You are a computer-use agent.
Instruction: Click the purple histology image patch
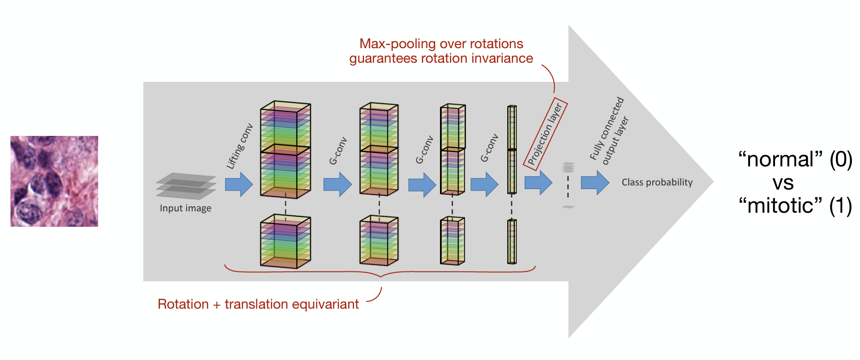tap(54, 181)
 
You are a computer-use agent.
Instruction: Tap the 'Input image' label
tap(185, 208)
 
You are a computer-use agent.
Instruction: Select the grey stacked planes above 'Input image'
tap(185, 186)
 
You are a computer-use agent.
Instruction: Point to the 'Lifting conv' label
tap(240, 146)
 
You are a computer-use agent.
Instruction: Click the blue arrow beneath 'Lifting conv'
tap(239, 184)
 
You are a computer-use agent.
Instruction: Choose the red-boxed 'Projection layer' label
tap(545, 134)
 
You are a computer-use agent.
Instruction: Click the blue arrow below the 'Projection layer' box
tap(538, 183)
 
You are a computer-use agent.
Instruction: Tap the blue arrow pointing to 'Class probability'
tap(595, 183)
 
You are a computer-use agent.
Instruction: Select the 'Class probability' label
tap(657, 182)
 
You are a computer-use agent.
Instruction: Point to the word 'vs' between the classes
tap(783, 183)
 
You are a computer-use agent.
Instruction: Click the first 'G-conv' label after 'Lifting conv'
tap(338, 151)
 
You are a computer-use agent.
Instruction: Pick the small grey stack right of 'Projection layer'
tap(568, 168)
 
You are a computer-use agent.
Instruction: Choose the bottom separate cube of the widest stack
tap(285, 241)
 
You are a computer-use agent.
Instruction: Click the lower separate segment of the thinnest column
tap(512, 241)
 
